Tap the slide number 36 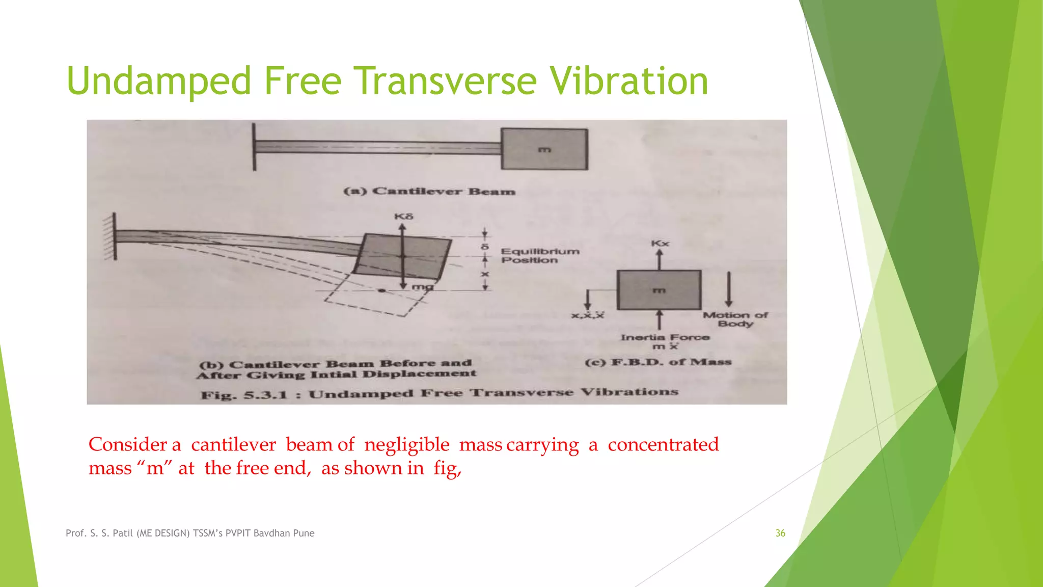tap(780, 533)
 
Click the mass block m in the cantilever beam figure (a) tap(544, 149)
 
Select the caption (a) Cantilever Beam tap(429, 192)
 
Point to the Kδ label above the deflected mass tap(404, 217)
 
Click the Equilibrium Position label tap(539, 255)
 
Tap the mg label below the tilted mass tap(422, 287)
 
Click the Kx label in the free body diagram tap(660, 244)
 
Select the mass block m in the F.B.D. tap(659, 290)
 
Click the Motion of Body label tap(735, 319)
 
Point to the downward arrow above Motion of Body tap(729, 288)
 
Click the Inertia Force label tap(665, 337)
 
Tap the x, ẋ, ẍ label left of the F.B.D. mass tap(587, 315)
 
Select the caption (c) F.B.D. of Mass tap(658, 362)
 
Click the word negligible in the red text tap(406, 444)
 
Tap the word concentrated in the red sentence tap(663, 444)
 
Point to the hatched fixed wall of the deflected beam tap(109, 237)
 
